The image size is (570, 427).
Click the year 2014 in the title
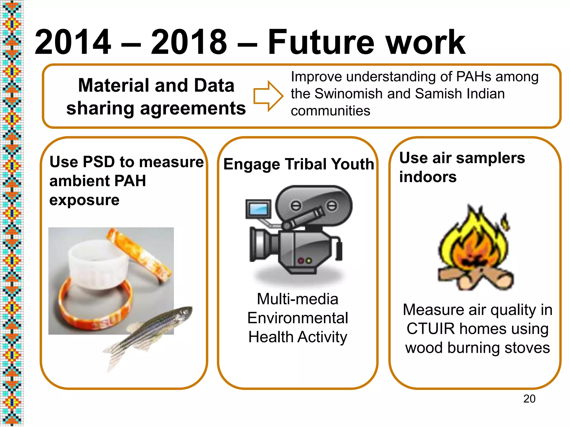73,42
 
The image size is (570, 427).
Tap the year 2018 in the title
189,42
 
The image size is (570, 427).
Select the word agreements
193,108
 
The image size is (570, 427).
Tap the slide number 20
529,399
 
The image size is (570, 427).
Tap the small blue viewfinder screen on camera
259,209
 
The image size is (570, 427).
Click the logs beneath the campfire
476,278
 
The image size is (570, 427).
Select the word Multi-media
298,299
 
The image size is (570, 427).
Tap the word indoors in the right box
428,177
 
